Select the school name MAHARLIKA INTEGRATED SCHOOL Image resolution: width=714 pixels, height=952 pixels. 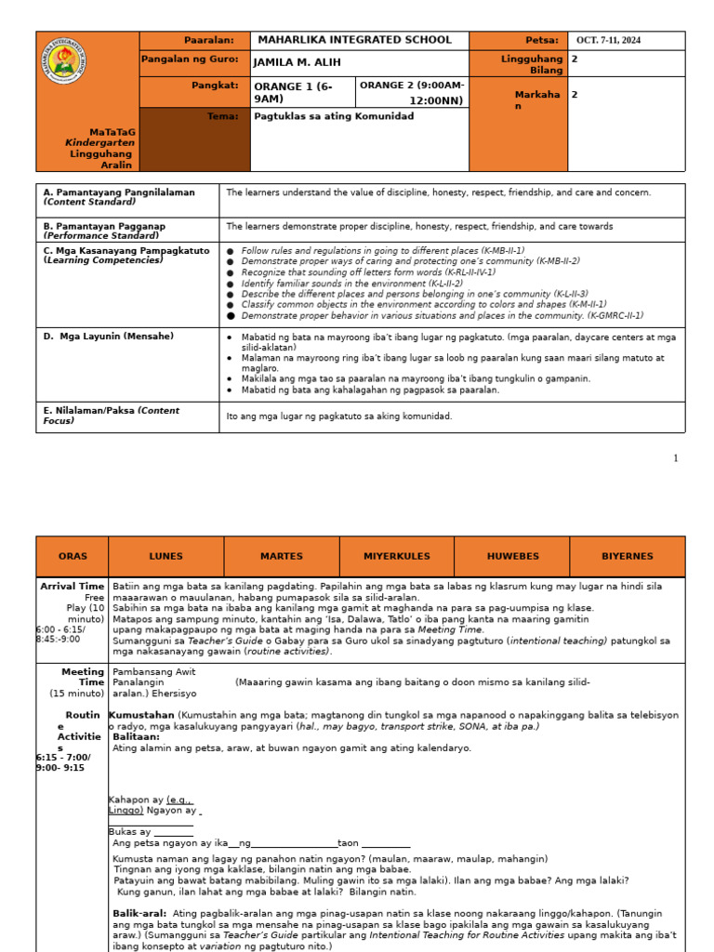click(354, 40)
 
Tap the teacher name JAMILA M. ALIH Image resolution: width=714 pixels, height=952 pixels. click(297, 62)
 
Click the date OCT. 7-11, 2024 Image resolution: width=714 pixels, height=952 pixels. click(609, 40)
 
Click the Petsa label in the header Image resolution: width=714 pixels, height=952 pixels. click(542, 40)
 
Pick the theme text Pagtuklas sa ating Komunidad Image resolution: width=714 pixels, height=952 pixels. click(334, 116)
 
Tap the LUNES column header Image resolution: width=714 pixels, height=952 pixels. click(165, 556)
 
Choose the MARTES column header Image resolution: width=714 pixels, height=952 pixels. click(281, 556)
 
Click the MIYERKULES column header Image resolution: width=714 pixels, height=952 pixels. click(396, 556)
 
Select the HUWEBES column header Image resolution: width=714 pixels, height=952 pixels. click(511, 556)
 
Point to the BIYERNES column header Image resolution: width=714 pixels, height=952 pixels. click(627, 556)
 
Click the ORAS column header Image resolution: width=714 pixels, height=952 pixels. click(73, 556)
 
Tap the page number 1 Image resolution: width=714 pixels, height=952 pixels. click(676, 458)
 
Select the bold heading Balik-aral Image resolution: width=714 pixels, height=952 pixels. click(139, 913)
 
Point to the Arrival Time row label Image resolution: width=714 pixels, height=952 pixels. click(72, 587)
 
